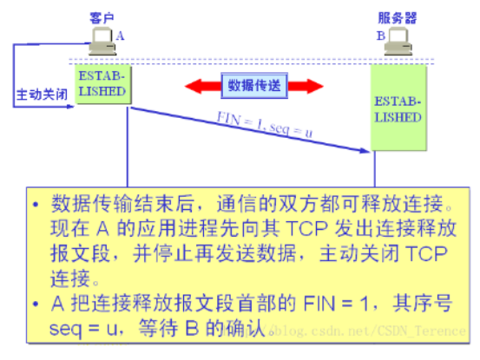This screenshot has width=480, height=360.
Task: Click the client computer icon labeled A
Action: tap(102, 42)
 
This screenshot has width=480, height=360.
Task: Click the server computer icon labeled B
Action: tap(398, 42)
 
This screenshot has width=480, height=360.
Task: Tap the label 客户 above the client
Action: tap(102, 17)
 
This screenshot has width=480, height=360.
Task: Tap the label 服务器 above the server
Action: tap(397, 17)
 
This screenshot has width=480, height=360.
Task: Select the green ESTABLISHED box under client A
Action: tap(103, 84)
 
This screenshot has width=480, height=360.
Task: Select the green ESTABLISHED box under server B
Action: tap(398, 108)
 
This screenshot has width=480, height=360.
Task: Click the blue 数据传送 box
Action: tap(254, 86)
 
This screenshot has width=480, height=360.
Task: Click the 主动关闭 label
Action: tap(42, 95)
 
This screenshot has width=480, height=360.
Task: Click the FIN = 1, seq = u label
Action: tap(265, 125)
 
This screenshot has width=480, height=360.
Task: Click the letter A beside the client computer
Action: tap(120, 36)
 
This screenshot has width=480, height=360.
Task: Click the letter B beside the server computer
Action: tap(381, 36)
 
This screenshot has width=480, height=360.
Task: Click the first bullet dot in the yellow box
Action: tap(36, 205)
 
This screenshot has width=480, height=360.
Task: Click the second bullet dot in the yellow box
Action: tap(36, 304)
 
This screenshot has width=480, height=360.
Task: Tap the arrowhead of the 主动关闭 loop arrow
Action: tap(70, 107)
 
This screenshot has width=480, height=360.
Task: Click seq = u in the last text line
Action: tap(83, 329)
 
